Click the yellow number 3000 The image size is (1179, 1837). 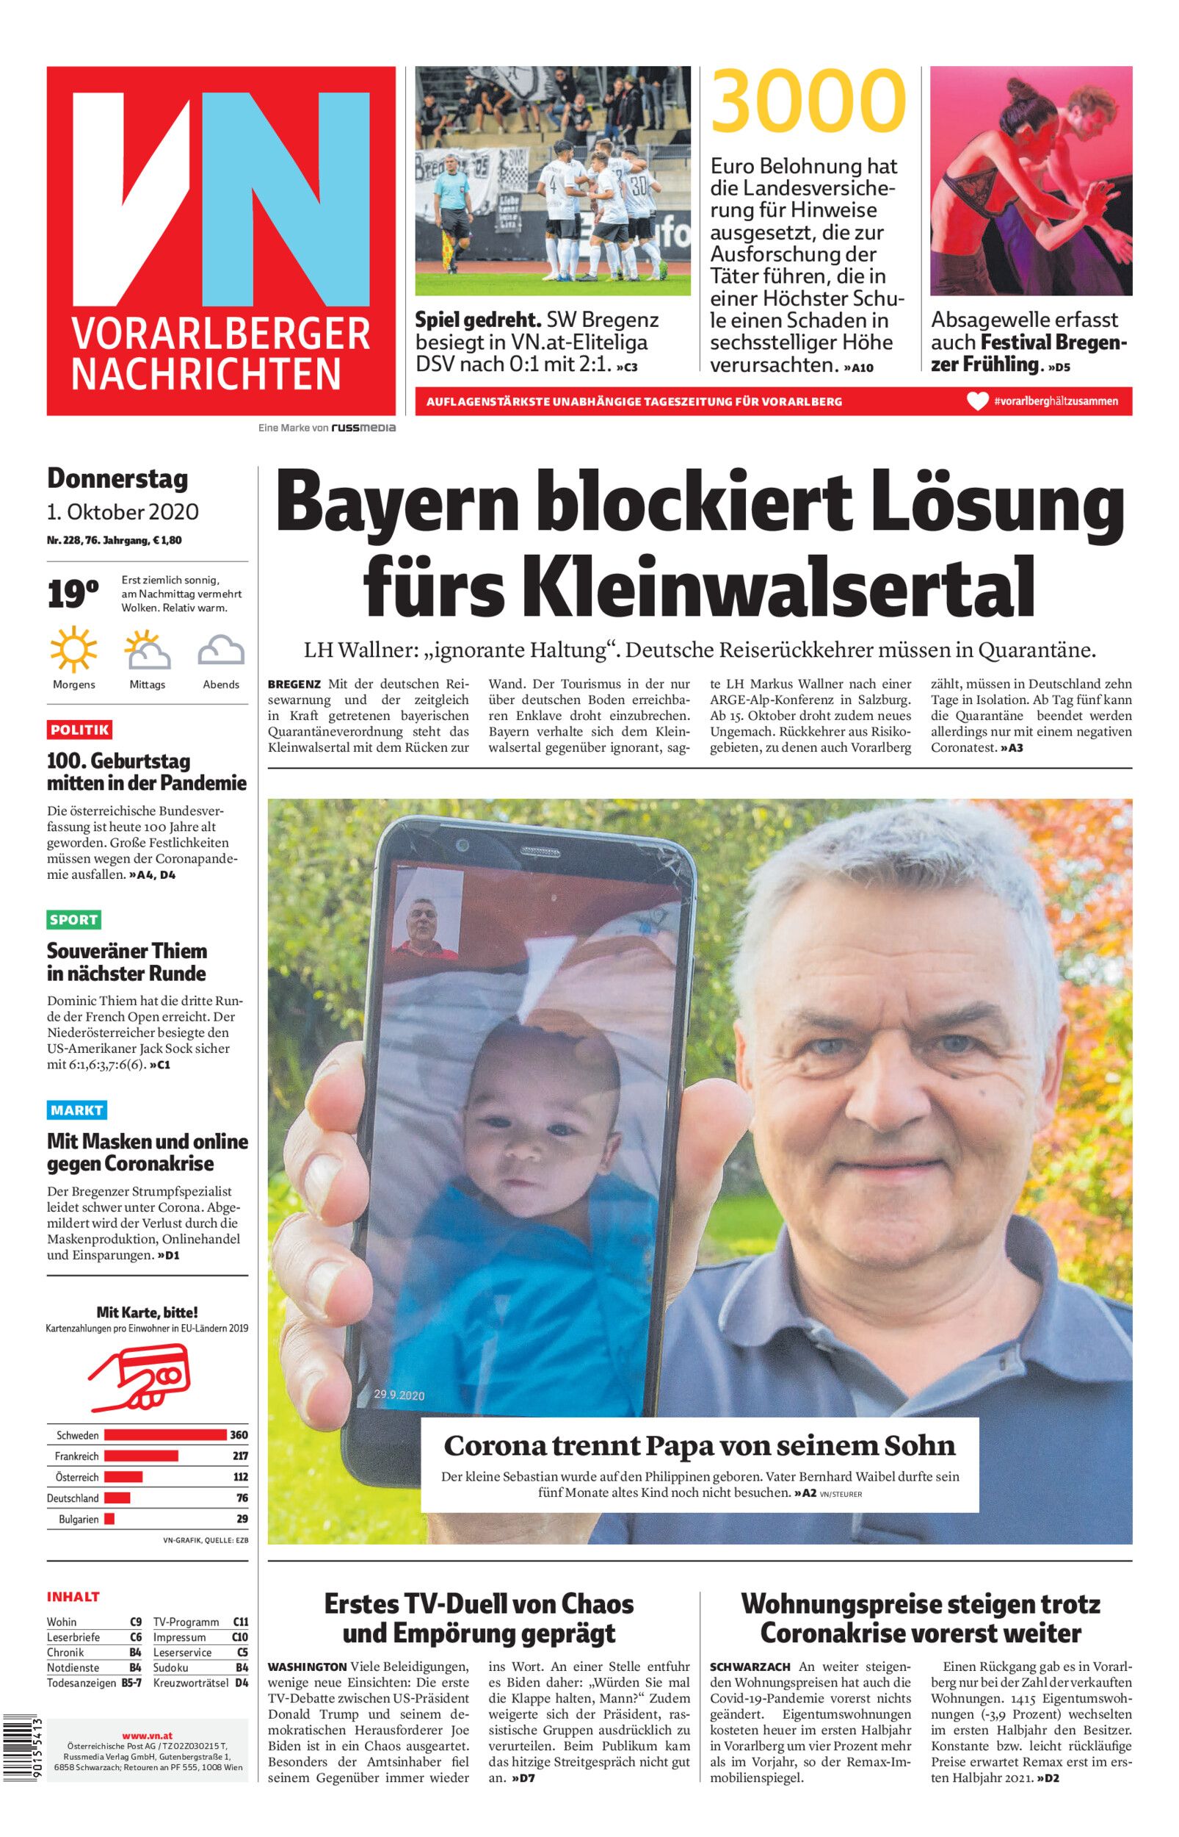pos(808,102)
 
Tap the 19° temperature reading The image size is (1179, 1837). pos(73,594)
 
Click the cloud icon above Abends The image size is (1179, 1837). pos(221,651)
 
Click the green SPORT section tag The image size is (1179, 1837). pos(74,919)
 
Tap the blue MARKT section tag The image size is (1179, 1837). pos(76,1110)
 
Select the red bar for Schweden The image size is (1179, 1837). pos(165,1435)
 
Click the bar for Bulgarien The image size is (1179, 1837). pos(109,1518)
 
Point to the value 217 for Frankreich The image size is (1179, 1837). pos(239,1456)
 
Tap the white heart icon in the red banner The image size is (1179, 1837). pos(978,401)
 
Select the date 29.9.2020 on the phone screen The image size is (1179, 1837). pos(399,1395)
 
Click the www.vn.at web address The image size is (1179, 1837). pos(148,1736)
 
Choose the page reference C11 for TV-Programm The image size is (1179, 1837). pos(240,1622)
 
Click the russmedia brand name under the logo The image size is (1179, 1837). pos(363,428)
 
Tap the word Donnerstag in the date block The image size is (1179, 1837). pos(117,479)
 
